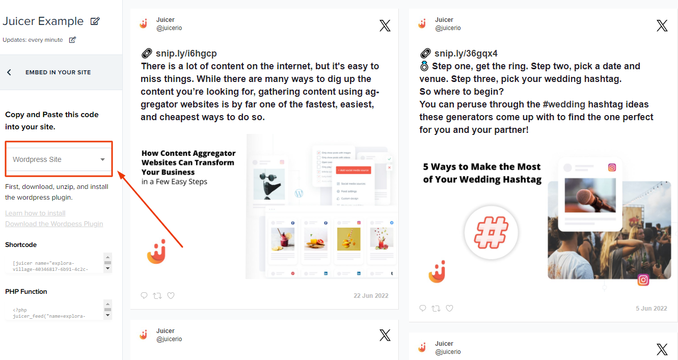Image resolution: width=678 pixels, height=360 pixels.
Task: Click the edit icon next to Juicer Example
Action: point(95,21)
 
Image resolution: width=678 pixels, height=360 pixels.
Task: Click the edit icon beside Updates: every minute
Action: point(72,40)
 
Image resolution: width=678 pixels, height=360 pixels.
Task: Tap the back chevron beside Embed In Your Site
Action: point(9,72)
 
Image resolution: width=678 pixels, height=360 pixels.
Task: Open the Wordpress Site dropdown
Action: point(59,159)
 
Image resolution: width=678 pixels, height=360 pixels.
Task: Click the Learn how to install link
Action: point(35,213)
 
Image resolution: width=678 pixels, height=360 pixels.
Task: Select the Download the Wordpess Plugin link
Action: point(54,224)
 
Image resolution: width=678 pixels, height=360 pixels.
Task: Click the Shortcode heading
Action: point(21,245)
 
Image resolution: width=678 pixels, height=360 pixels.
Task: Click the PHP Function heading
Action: point(26,292)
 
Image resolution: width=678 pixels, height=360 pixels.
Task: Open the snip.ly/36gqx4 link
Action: point(466,53)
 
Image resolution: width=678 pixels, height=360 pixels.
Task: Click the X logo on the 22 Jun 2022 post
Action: point(385,25)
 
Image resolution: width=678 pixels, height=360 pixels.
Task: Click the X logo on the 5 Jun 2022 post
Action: point(662,25)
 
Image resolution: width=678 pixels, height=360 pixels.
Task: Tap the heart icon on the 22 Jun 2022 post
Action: point(171,295)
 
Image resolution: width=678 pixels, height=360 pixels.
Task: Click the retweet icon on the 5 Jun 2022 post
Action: point(436,308)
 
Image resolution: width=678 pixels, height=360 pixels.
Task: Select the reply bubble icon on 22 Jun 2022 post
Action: point(144,295)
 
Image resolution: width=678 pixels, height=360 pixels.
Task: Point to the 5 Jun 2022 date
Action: point(651,308)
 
